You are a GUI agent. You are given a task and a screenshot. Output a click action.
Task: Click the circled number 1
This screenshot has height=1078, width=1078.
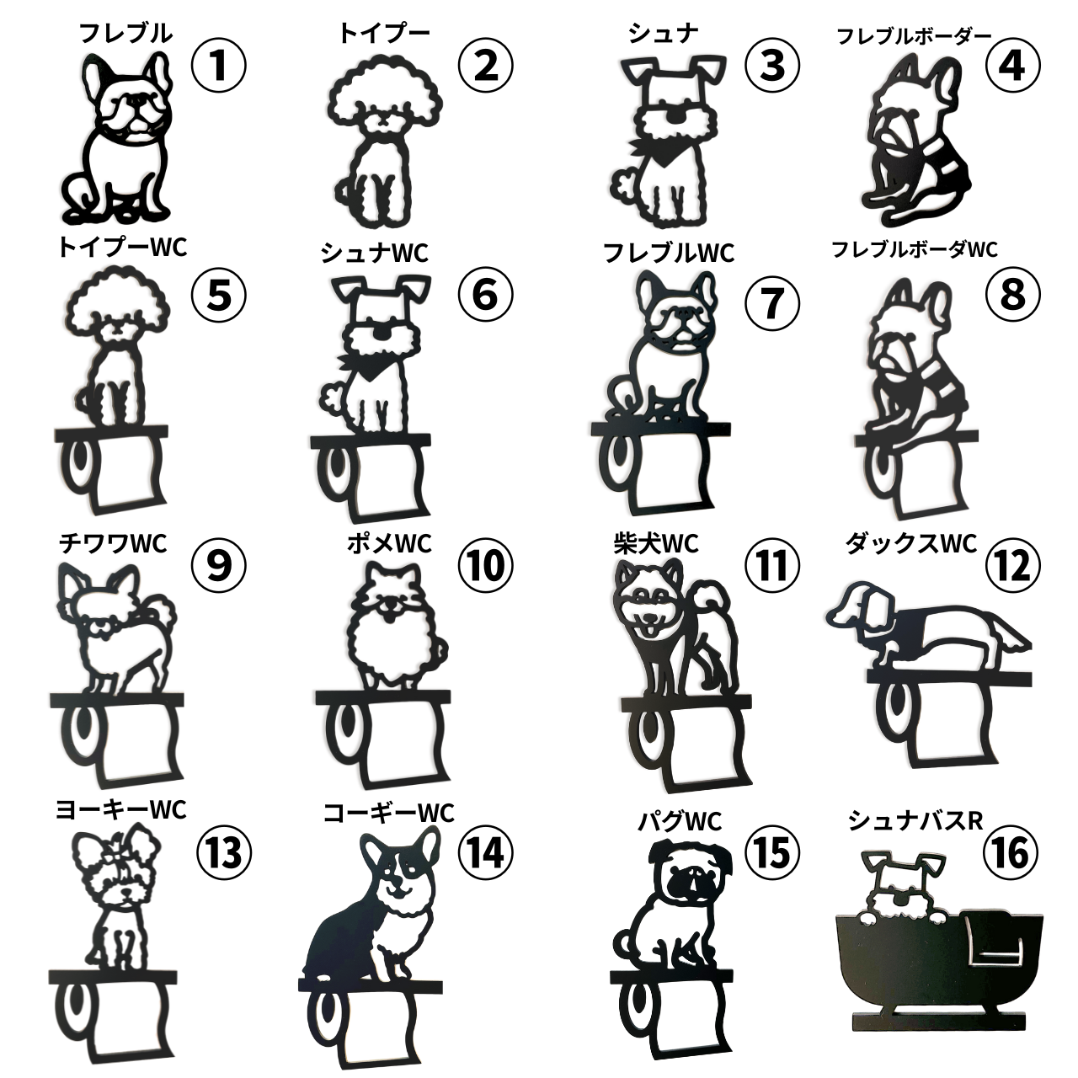click(x=218, y=65)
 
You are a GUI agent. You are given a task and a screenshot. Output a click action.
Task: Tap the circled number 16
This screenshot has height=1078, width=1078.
click(x=1011, y=852)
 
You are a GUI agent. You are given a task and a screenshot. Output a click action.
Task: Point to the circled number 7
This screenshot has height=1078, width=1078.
click(x=771, y=302)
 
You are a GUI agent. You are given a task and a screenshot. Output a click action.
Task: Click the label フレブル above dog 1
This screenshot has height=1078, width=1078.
click(x=125, y=34)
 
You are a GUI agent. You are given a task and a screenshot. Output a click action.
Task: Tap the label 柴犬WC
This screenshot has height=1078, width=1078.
click(x=655, y=544)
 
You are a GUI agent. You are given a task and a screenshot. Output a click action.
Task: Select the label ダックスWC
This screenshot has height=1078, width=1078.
click(x=911, y=543)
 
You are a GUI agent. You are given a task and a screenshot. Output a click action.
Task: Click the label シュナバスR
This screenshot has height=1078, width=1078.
click(x=915, y=820)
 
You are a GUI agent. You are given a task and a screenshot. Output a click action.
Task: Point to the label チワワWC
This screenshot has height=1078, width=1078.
click(x=113, y=543)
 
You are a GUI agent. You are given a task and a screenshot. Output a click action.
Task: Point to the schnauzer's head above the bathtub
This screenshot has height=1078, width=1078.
click(x=902, y=885)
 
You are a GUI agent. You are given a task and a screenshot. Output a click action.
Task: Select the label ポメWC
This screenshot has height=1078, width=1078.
click(x=389, y=543)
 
